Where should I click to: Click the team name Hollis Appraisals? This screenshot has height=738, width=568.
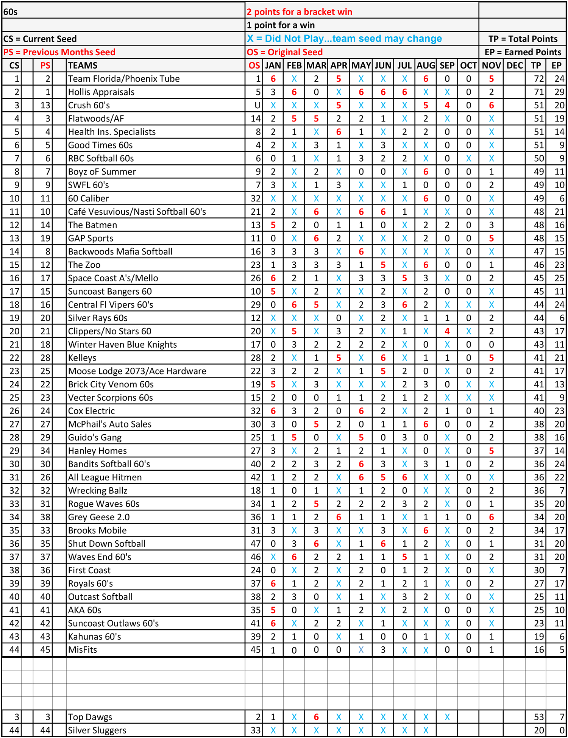(x=101, y=92)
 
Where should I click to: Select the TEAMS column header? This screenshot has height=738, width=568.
(x=83, y=66)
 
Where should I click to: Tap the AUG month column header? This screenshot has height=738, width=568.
(x=426, y=66)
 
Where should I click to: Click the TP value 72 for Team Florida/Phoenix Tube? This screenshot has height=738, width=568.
(x=538, y=79)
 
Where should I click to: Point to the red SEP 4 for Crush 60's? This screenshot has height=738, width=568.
(x=447, y=105)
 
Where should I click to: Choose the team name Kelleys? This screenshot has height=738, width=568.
(x=82, y=358)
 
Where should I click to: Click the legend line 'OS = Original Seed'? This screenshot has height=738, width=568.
(x=285, y=52)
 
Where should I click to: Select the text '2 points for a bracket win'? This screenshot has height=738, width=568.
(x=300, y=12)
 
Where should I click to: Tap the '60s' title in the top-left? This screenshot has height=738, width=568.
(x=11, y=12)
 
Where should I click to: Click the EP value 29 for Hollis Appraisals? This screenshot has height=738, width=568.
(x=559, y=92)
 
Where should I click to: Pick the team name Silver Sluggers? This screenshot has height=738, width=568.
(x=97, y=730)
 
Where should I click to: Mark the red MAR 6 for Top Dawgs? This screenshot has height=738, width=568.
(x=316, y=717)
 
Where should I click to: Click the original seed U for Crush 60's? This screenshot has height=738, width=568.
(x=257, y=105)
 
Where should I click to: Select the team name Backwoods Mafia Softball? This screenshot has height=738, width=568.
(x=120, y=251)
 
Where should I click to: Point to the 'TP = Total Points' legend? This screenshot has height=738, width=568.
(x=523, y=39)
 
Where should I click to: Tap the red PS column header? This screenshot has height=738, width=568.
(x=45, y=66)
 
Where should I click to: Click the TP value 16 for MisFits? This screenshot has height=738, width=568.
(x=538, y=650)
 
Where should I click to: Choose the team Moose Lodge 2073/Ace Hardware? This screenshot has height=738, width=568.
(x=137, y=371)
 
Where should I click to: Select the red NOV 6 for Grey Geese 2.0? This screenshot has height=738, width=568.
(x=491, y=517)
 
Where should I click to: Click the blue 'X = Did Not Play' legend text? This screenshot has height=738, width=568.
(x=344, y=39)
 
